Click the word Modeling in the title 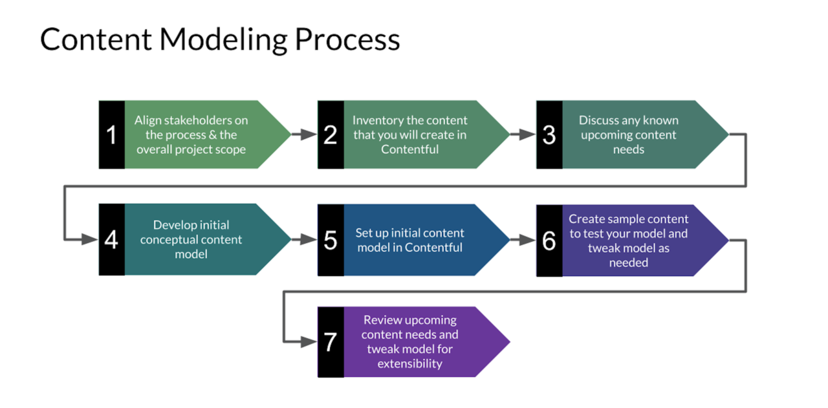pos(223,40)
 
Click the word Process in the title pos(348,40)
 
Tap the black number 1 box pos(111,134)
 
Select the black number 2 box pos(330,134)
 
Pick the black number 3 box pos(549,134)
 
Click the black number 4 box pos(111,239)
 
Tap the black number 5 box pos(330,240)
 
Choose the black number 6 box pos(549,241)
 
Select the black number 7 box pos(330,342)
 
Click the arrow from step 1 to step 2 pos(304,134)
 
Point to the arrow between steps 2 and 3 pos(523,134)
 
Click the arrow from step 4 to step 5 pos(304,239)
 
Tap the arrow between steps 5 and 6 pos(523,240)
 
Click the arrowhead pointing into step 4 pos(91,239)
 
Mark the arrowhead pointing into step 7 pos(310,341)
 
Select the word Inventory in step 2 pos(378,120)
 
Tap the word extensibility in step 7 pos(410,363)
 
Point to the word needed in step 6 pos(628,263)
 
